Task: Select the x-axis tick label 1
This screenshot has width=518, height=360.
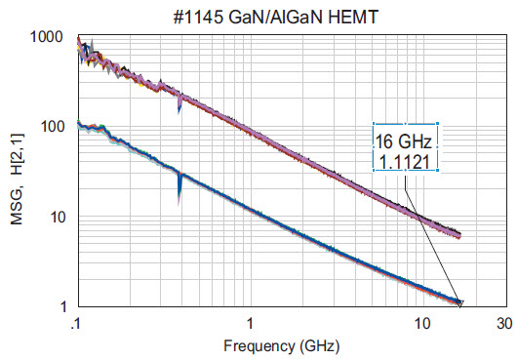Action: (x=250, y=323)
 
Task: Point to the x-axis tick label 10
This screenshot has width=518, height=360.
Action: (x=422, y=323)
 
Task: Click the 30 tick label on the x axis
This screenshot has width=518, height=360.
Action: (x=504, y=323)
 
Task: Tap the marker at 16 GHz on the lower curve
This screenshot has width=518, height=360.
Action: (x=459, y=302)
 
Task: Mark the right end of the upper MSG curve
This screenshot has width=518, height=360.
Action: (x=458, y=234)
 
